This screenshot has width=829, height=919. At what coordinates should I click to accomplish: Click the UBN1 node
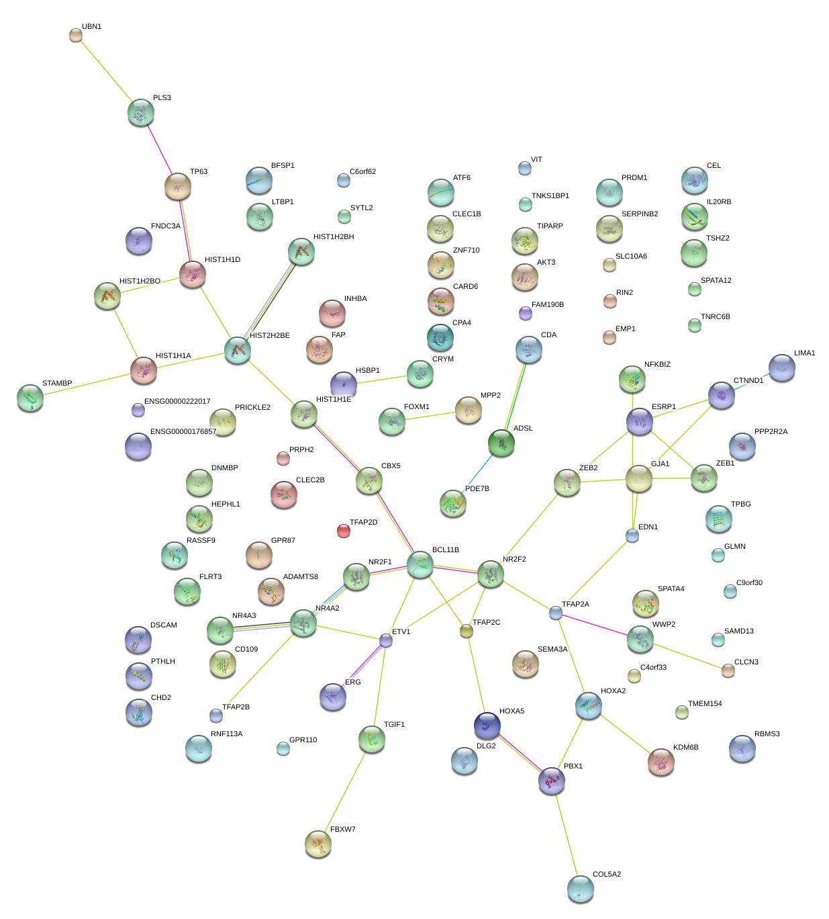(76, 35)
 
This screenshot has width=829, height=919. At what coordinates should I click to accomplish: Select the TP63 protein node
(178, 186)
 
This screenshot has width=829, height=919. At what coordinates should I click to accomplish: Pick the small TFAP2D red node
(343, 531)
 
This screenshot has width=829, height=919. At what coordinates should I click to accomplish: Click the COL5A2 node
(580, 889)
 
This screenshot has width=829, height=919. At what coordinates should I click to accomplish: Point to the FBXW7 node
(318, 844)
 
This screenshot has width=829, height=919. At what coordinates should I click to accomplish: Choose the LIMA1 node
(782, 367)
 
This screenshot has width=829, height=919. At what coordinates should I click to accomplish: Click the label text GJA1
(660, 464)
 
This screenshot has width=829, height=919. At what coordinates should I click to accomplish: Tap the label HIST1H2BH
(334, 237)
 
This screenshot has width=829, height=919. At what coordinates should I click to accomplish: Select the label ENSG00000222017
(177, 402)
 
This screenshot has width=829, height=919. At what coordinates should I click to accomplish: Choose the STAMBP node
(30, 398)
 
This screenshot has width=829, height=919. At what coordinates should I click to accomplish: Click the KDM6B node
(661, 762)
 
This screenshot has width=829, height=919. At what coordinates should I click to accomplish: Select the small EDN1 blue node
(632, 535)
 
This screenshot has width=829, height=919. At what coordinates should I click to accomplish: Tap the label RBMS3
(767, 734)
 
